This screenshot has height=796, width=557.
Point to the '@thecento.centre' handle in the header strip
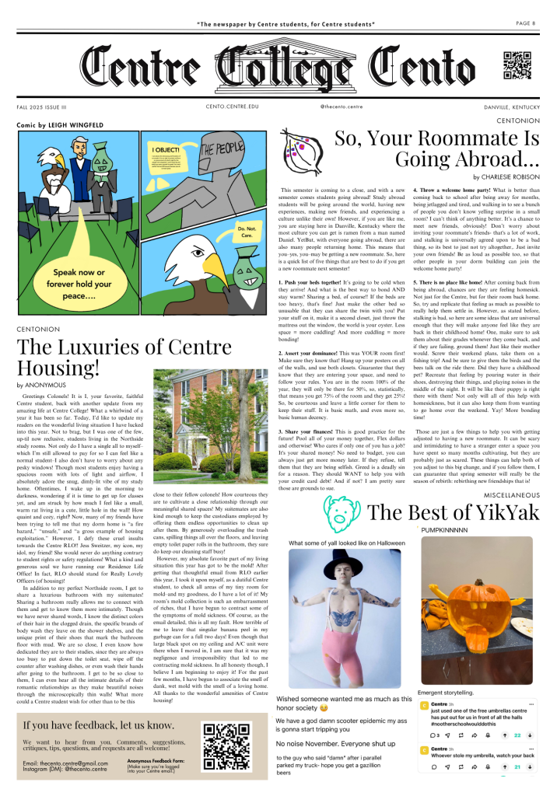[x=342, y=106]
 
